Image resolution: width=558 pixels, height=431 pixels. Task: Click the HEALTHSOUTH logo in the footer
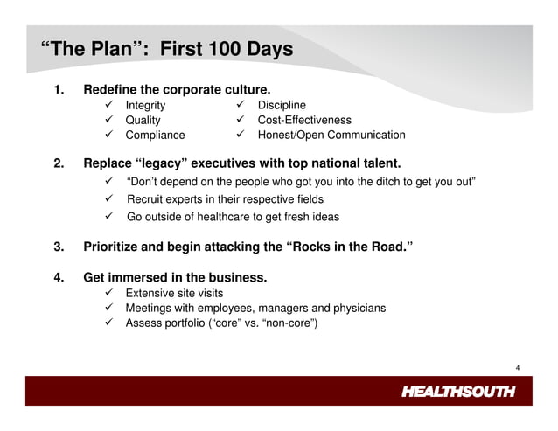click(x=457, y=391)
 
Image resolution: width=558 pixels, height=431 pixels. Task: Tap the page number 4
click(x=518, y=367)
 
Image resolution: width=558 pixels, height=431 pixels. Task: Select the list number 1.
click(x=59, y=90)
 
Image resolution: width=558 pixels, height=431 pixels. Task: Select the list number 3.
click(x=59, y=247)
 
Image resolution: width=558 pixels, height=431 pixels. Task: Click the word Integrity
click(x=145, y=106)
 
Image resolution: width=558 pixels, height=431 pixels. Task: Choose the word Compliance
click(x=155, y=136)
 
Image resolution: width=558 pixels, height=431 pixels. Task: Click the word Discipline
click(x=282, y=106)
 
